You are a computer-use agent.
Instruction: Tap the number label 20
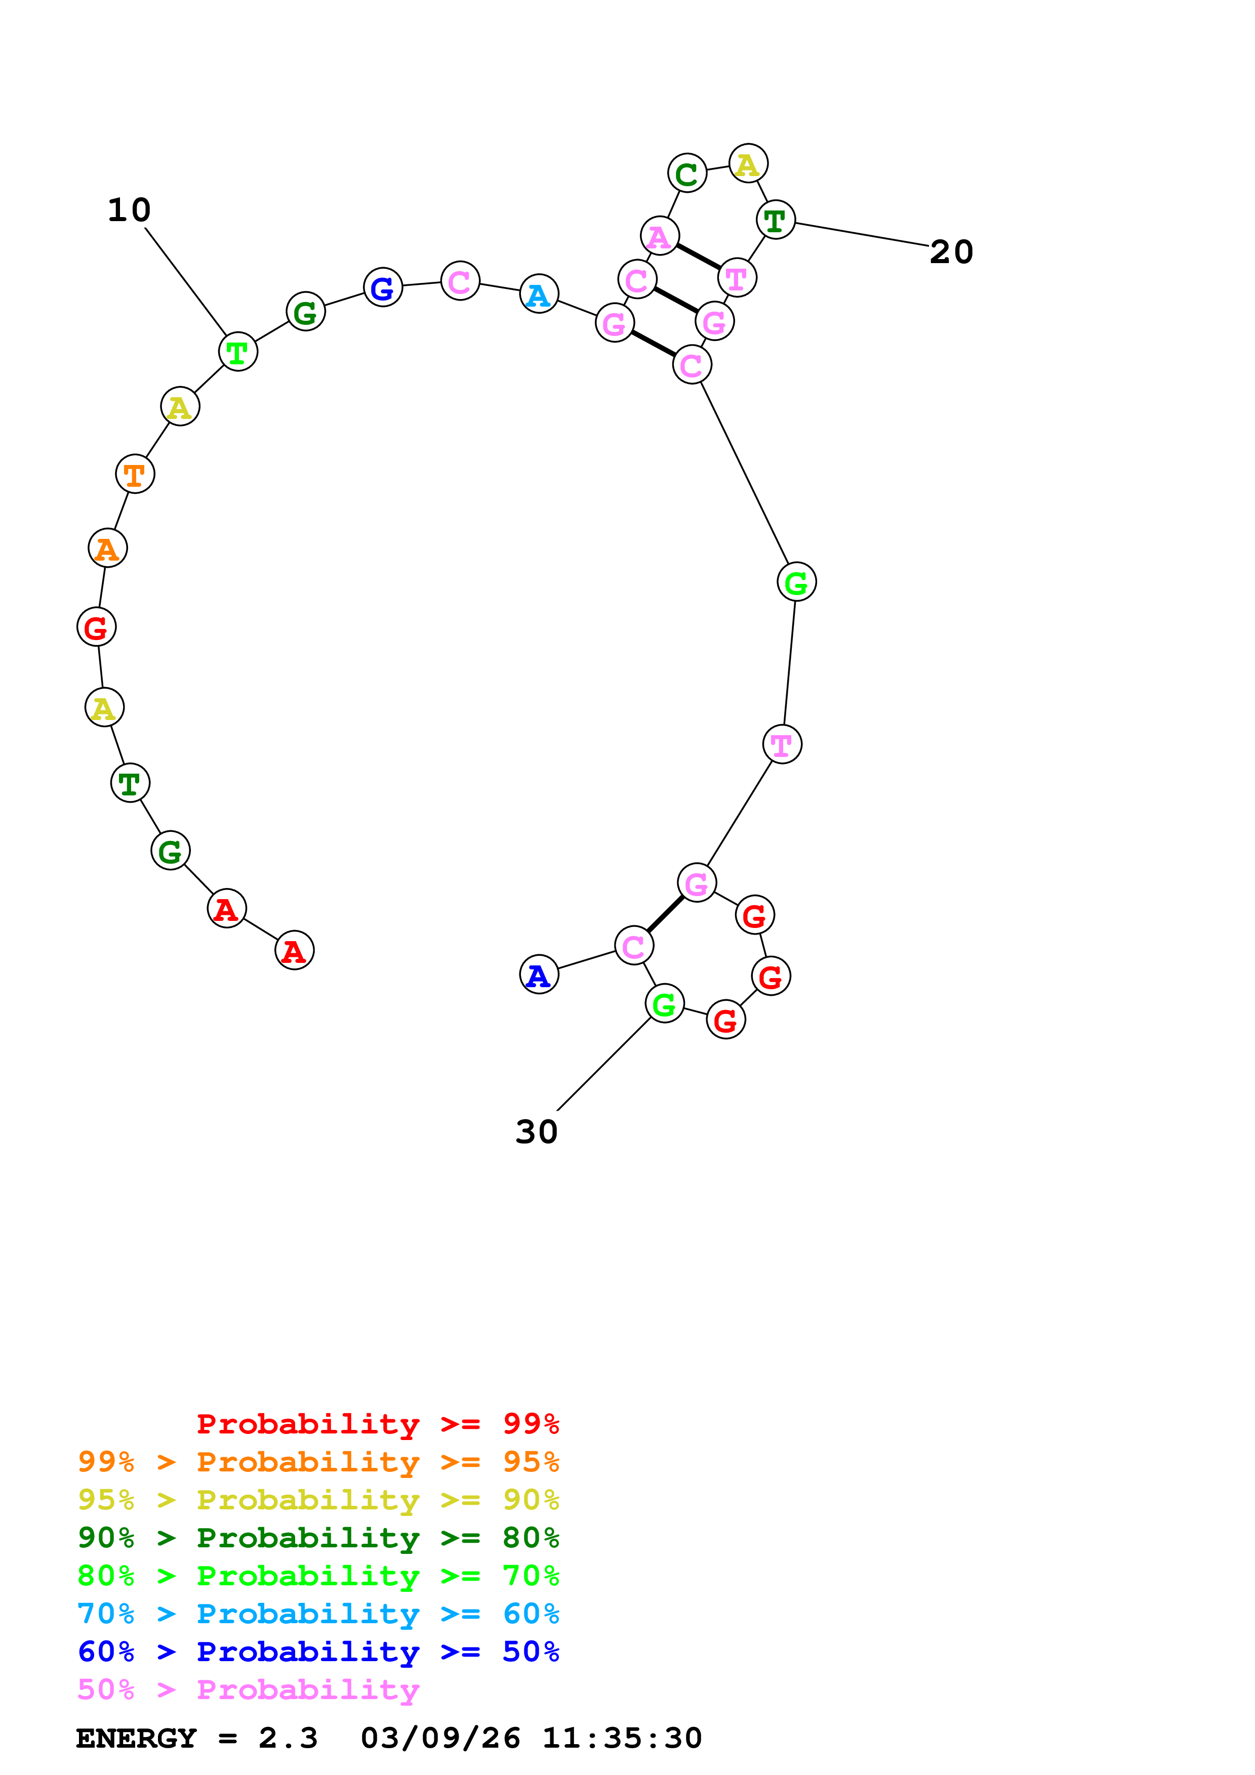[951, 252]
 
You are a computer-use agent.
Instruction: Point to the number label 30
[537, 1132]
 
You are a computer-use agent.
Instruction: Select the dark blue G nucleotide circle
[383, 287]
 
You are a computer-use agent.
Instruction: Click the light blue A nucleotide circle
[539, 294]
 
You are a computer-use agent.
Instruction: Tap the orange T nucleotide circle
[135, 474]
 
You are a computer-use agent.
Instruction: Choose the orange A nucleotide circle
[107, 548]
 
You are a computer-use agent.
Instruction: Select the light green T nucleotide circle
[238, 352]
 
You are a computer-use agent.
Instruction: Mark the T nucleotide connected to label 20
[776, 220]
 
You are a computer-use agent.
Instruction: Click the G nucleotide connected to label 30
[664, 1003]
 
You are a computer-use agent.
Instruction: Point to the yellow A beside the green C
[748, 164]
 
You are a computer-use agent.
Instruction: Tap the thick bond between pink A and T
[698, 257]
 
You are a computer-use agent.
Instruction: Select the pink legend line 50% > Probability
[248, 1690]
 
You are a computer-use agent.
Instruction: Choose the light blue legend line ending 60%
[318, 1614]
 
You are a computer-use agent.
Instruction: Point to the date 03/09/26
[440, 1738]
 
